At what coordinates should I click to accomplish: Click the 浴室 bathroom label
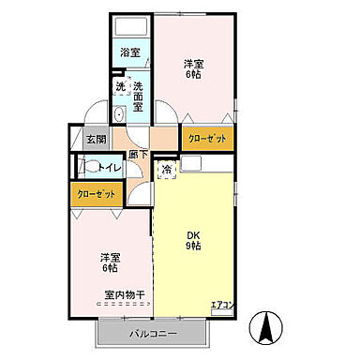point(130,53)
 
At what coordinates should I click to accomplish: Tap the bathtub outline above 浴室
point(131,28)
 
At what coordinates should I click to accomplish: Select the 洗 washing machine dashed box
point(121,87)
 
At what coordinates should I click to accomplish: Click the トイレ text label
point(107,169)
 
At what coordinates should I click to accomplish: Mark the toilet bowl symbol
point(87,170)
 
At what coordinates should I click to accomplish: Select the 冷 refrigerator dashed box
point(166,170)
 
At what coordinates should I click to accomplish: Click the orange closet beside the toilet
point(97,194)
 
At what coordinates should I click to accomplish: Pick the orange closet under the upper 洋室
point(206,138)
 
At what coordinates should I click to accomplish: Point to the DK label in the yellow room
point(192,235)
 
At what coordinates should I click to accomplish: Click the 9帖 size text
point(192,248)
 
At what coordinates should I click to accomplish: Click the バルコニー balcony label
point(150,332)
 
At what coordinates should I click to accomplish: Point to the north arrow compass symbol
point(266,328)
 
